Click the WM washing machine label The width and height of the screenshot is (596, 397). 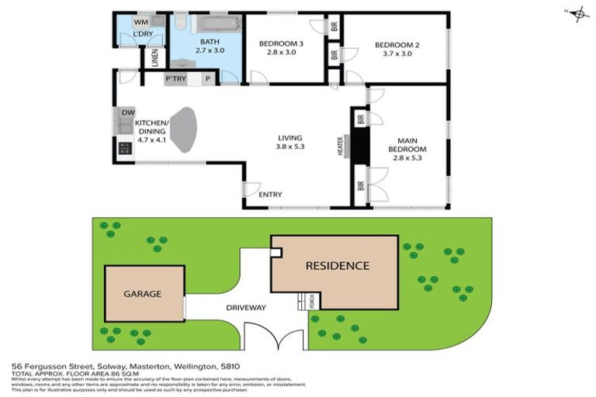coord(144,22)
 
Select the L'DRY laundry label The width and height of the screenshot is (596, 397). coord(142,35)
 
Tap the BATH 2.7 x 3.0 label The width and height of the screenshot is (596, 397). coord(210,46)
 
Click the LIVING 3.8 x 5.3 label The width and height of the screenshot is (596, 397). coord(289,143)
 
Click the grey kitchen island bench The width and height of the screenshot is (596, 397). coord(183,129)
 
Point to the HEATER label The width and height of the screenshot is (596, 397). coord(340,147)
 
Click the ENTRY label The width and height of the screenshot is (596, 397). coord(270,195)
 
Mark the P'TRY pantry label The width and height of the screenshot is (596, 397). coord(175,79)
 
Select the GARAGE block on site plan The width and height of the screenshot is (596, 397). coord(144,294)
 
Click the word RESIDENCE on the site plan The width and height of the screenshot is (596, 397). coord(337,266)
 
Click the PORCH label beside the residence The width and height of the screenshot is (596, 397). coord(312,302)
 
